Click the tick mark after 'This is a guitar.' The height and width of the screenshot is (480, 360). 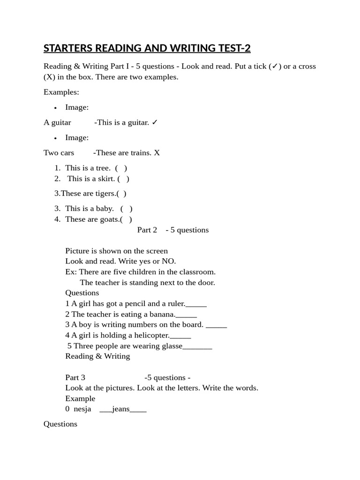(155, 122)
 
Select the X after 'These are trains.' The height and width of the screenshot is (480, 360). (157, 153)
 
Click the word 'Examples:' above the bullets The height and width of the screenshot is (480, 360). (61, 92)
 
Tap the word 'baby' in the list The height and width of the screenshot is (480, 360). (105, 209)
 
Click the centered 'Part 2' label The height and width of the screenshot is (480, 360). (147, 230)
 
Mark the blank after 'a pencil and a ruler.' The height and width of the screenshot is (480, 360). (196, 304)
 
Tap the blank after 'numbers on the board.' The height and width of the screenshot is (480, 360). (216, 325)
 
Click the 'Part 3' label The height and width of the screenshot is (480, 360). (75, 378)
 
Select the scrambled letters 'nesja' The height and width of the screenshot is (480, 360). (82, 409)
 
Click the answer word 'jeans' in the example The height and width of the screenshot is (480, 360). (121, 409)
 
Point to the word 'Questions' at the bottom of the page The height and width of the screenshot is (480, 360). (60, 424)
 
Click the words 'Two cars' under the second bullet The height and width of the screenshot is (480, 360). (59, 153)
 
